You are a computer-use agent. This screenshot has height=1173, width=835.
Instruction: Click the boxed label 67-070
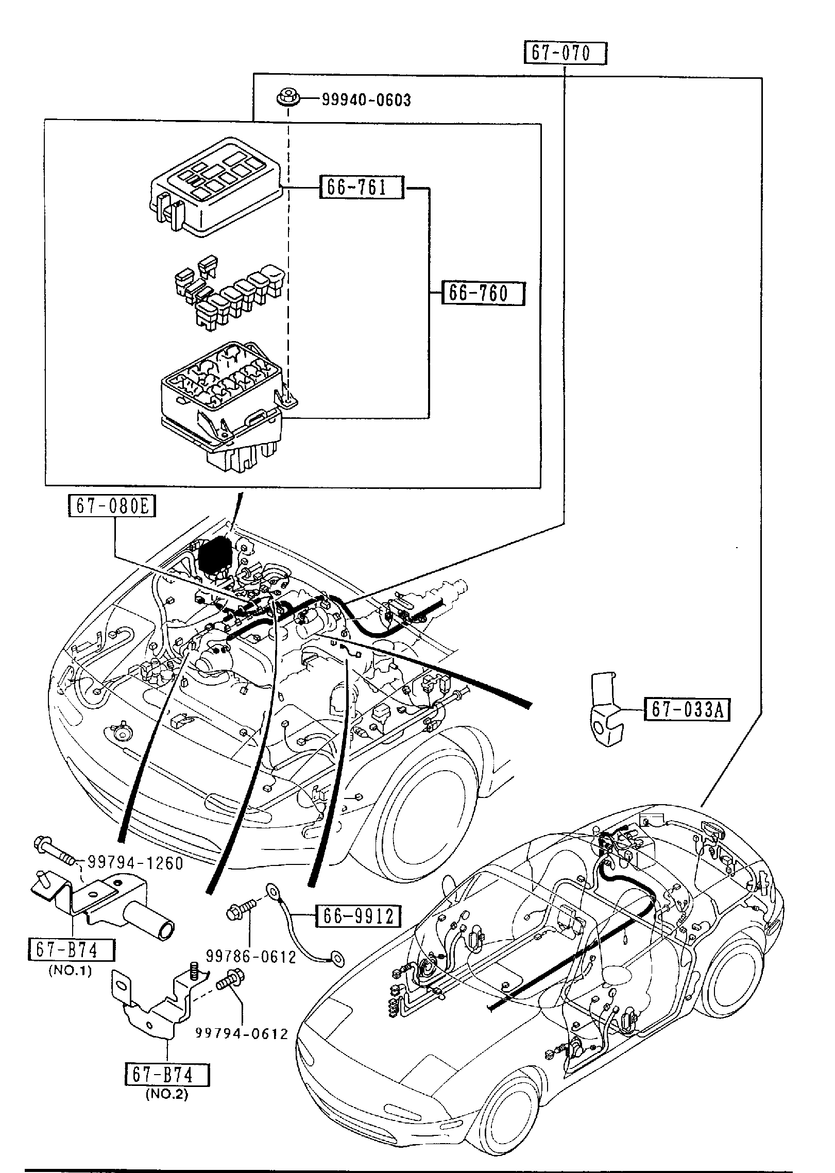click(x=565, y=54)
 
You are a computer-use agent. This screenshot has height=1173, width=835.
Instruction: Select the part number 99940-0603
click(x=366, y=100)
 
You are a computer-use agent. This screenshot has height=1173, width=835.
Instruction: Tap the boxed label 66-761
click(x=361, y=188)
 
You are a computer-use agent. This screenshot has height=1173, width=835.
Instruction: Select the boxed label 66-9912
click(x=359, y=915)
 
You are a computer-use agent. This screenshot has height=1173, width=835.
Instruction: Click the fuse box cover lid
click(x=215, y=186)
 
